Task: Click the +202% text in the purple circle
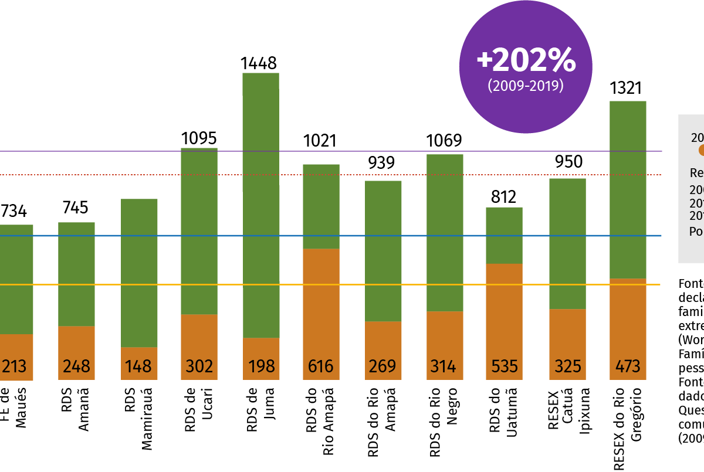(x=526, y=60)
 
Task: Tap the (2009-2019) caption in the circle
(x=526, y=86)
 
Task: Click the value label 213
(x=14, y=366)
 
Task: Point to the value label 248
(x=76, y=366)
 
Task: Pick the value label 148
(x=138, y=366)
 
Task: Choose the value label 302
(x=199, y=366)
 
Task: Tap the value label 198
(x=261, y=366)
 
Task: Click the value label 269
(x=383, y=366)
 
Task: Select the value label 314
(x=444, y=366)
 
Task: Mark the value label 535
(x=505, y=366)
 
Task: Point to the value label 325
(x=567, y=366)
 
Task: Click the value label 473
(x=628, y=366)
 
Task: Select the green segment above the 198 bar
(x=261, y=205)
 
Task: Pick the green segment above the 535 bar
(x=504, y=235)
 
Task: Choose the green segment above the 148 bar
(x=139, y=273)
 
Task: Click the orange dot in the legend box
(x=701, y=150)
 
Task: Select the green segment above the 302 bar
(x=199, y=231)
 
